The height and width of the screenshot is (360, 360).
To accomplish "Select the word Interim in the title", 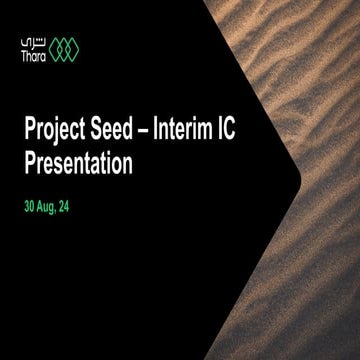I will tap(203, 129).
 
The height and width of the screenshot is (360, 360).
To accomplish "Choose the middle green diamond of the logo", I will tap(67, 48).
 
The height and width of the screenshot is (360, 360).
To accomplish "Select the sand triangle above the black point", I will tap(300, 60).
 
